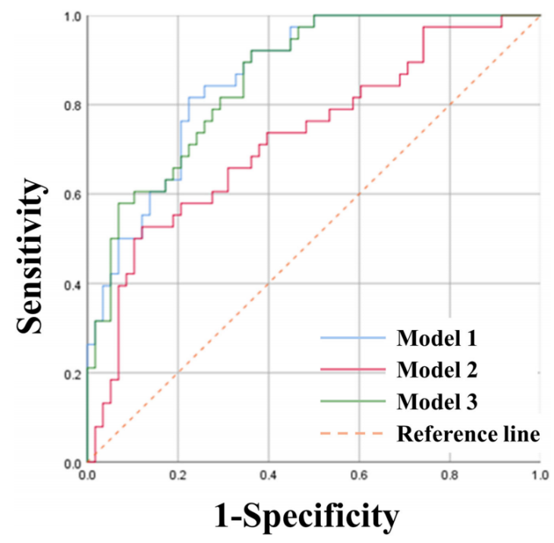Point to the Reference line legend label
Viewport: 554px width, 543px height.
pyautogui.click(x=467, y=434)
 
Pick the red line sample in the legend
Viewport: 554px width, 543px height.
pyautogui.click(x=353, y=370)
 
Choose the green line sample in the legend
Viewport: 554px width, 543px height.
pyautogui.click(x=353, y=402)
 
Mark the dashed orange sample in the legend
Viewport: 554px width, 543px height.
pyautogui.click(x=353, y=435)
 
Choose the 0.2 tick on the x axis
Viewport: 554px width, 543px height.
pyautogui.click(x=178, y=474)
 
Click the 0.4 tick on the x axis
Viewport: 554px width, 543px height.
pyautogui.click(x=268, y=474)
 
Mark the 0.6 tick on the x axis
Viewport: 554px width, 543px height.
pyautogui.click(x=359, y=474)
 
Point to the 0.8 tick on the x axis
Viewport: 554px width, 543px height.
pyautogui.click(x=449, y=474)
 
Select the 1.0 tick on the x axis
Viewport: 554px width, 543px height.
pyautogui.click(x=540, y=474)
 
